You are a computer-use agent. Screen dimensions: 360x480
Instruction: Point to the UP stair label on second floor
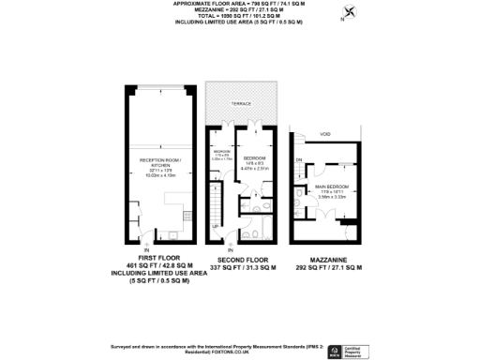tap(215, 227)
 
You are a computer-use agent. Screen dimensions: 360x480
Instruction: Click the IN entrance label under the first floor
tap(146, 249)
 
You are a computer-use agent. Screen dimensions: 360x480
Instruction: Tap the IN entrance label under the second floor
tap(229, 247)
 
